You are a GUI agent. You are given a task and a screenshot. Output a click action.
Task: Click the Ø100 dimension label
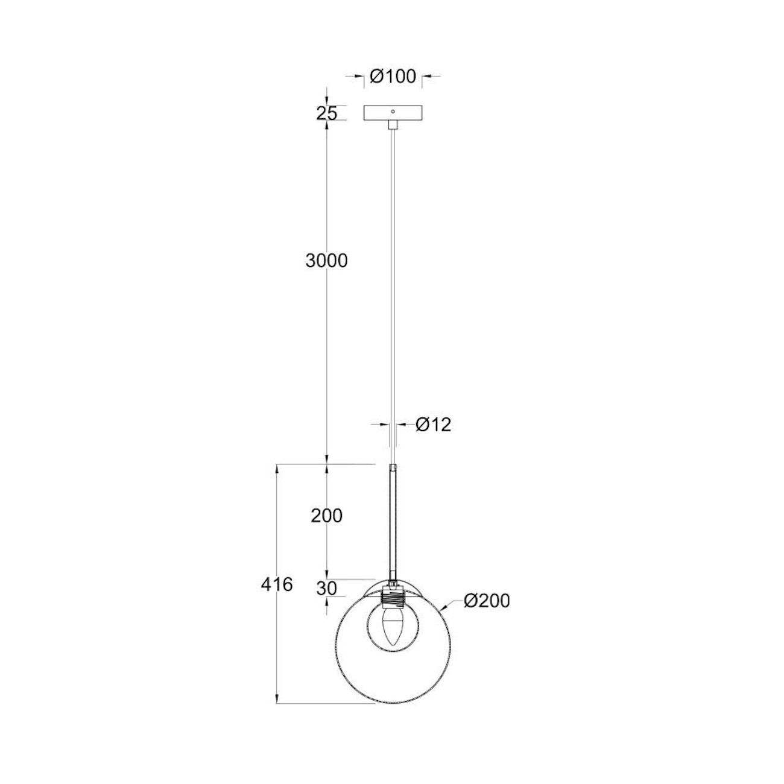click(x=393, y=77)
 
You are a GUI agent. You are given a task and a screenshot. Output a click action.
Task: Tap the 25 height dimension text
click(x=326, y=113)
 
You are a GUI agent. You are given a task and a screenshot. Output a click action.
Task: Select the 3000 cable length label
click(x=326, y=261)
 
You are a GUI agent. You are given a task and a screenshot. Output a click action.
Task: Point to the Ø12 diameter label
click(x=434, y=425)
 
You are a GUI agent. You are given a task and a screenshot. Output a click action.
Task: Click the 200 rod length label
click(x=326, y=516)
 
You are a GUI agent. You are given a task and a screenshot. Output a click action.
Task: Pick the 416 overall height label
click(x=277, y=584)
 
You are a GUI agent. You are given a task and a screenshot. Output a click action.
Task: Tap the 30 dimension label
click(x=326, y=589)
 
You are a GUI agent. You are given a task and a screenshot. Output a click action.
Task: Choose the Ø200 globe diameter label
click(x=487, y=601)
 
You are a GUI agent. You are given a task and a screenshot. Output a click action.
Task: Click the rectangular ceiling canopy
click(x=393, y=113)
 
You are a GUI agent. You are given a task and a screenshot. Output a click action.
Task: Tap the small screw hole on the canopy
click(x=393, y=112)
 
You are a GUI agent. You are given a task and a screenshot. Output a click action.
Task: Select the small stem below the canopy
click(x=393, y=124)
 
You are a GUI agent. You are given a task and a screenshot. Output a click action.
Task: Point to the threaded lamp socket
click(x=393, y=599)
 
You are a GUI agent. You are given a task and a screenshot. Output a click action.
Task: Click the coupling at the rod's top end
click(x=393, y=468)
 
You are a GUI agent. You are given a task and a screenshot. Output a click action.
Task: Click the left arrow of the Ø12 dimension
click(x=387, y=425)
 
